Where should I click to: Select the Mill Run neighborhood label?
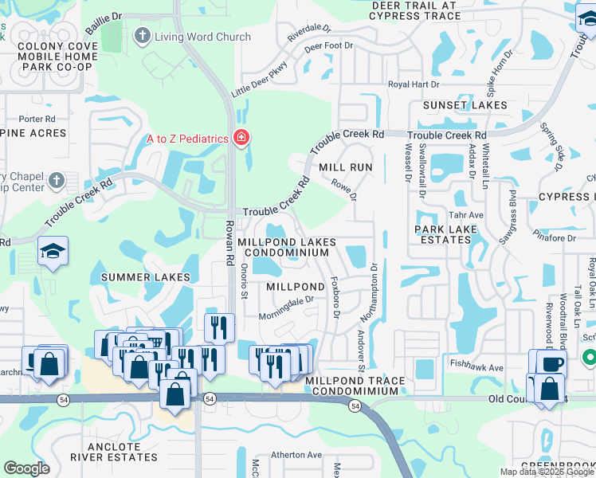pos(345,167)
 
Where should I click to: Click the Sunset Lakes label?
pos(465,105)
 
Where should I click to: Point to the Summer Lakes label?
pos(146,276)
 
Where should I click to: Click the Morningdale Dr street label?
pos(287,307)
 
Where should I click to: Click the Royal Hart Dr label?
pos(414,84)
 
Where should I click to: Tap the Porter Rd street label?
pos(37,119)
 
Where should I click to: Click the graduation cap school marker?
pos(53,252)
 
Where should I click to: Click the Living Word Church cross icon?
pos(143,36)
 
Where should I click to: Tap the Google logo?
pos(26,468)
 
